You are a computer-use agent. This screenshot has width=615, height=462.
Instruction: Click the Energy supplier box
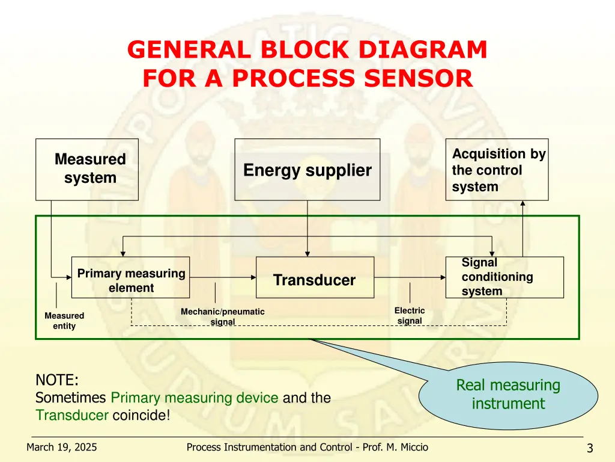coord(307,170)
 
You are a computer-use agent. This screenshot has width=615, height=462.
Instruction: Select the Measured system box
coord(87,169)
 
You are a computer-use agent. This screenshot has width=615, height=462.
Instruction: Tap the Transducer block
coord(315,277)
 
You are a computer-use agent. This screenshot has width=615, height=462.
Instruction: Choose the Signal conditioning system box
coord(504,277)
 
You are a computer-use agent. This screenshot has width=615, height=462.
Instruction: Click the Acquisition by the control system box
coord(497,170)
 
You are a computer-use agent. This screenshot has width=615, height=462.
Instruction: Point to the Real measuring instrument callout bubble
coord(508,395)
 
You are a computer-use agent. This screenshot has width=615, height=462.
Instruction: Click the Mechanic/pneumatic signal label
coord(223,316)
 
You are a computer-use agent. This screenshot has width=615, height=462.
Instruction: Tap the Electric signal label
coord(410,316)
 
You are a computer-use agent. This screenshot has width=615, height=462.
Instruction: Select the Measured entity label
coord(64,321)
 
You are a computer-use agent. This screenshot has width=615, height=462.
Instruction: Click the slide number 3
coord(590,448)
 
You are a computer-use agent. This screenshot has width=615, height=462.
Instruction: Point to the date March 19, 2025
coord(62,447)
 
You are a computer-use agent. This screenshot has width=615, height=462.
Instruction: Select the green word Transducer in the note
coord(72,415)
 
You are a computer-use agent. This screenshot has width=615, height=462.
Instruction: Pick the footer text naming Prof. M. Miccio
coord(307,447)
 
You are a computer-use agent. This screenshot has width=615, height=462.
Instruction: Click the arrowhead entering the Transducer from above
coord(307,253)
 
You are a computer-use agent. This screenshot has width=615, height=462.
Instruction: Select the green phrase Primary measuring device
coord(195,398)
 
